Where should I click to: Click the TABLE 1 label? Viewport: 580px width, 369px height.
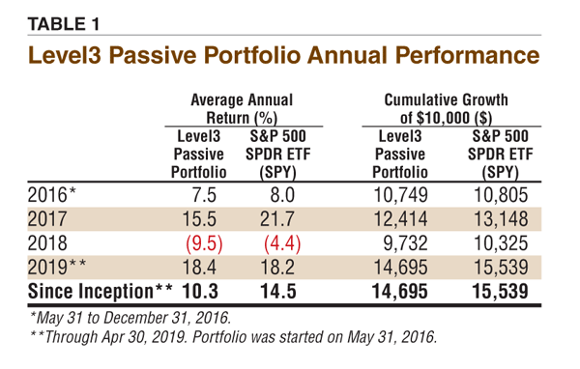pos(64,24)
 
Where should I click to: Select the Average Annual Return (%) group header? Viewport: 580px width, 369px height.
pos(242,109)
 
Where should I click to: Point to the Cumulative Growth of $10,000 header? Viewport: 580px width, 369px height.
pos(446,109)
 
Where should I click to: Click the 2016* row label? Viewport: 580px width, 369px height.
pos(51,195)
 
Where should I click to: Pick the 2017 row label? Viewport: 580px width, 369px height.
pos(47,219)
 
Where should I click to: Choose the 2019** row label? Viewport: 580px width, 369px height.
pos(57,267)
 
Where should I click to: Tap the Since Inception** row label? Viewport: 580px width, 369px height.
pos(100,292)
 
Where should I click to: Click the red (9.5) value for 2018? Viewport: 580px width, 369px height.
pos(204,243)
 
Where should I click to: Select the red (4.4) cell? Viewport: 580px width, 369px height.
pos(282,243)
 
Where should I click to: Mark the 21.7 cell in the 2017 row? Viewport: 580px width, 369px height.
pos(277,219)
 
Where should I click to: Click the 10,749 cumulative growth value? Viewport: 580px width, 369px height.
pos(400,195)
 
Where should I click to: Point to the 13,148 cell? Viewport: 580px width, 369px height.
pos(501,219)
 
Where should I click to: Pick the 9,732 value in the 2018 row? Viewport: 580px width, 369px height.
pos(405,243)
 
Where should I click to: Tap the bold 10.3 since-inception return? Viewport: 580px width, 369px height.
pos(200,292)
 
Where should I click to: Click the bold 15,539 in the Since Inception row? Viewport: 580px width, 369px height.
pos(500,292)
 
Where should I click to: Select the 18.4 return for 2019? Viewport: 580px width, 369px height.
pos(199,267)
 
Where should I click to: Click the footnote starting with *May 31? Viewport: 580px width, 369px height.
pos(130,318)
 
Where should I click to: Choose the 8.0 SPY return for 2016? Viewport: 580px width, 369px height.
pos(282,195)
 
